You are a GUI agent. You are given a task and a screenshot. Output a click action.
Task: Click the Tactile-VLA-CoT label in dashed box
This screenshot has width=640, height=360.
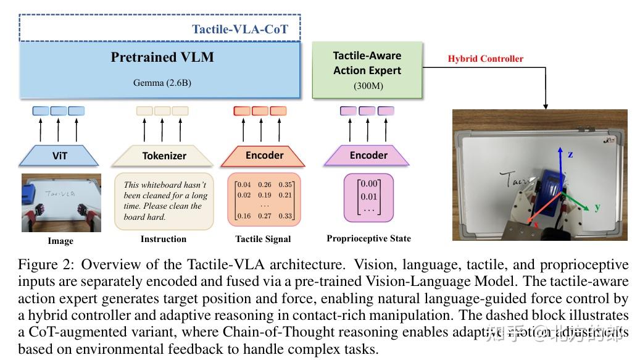[239, 29]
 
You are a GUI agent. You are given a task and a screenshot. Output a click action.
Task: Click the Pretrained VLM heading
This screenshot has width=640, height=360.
[162, 57]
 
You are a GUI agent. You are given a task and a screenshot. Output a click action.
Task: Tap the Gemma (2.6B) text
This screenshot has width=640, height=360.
[162, 82]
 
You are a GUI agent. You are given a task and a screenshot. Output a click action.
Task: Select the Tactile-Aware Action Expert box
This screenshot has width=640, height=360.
[367, 70]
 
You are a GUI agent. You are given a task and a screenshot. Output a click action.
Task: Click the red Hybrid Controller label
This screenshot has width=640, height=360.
[485, 59]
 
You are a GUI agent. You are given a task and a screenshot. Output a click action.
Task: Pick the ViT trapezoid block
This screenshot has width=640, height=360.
[59, 156]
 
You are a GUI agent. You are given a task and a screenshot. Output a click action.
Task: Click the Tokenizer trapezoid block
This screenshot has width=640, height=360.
[164, 156]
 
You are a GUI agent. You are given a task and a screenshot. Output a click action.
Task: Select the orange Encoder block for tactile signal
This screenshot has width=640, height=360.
[264, 156]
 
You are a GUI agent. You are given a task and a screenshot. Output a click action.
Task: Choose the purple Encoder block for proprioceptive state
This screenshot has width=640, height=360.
[368, 156]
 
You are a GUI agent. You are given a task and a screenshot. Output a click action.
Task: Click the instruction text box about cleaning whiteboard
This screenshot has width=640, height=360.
[164, 201]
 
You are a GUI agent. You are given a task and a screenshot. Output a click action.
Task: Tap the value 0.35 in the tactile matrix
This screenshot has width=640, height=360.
[285, 185]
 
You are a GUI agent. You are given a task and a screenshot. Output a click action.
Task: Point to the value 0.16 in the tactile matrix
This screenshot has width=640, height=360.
[244, 216]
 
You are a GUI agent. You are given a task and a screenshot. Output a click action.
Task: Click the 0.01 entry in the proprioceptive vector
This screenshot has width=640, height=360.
[368, 196]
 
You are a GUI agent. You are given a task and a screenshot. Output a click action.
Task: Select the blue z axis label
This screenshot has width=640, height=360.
[570, 154]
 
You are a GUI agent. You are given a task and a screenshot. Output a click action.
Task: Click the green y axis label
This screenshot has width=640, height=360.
[597, 207]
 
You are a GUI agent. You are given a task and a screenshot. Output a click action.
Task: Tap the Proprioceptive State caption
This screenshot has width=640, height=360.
[368, 238]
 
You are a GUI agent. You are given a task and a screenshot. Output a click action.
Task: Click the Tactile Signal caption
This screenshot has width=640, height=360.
[263, 239]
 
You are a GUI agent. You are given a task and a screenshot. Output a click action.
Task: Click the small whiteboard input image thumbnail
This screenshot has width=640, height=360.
[60, 202]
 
